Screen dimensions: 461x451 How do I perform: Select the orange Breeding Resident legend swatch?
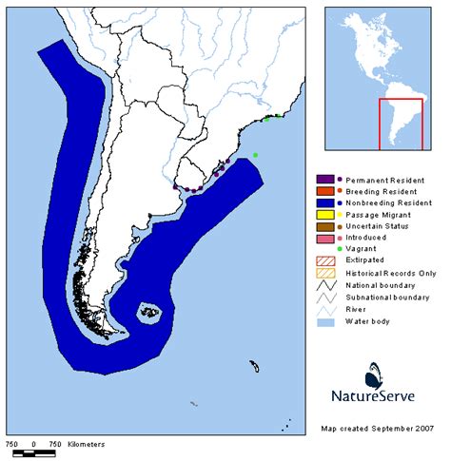(x=324, y=191)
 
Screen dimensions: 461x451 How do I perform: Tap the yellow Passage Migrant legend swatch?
(x=324, y=214)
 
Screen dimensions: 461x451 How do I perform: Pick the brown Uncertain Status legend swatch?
(x=324, y=225)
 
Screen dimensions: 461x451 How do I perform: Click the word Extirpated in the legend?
(x=369, y=259)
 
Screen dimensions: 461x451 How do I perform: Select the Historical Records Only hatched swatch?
(x=324, y=272)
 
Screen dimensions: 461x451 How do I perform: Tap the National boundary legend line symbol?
(x=324, y=283)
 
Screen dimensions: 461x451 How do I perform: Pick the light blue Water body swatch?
(x=324, y=319)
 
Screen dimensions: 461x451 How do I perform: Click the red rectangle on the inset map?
(x=401, y=124)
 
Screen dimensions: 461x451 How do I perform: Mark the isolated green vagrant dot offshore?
(x=254, y=155)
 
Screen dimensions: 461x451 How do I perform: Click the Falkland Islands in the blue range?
(x=149, y=311)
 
